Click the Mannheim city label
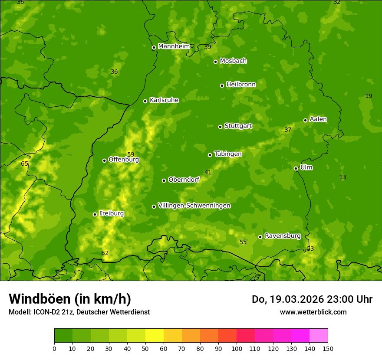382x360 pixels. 174,46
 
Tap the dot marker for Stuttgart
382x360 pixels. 220,127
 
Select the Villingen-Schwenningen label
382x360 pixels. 194,206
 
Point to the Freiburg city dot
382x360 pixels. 95,214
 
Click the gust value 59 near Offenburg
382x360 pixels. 131,154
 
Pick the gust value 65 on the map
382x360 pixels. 25,164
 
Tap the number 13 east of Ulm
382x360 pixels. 342,177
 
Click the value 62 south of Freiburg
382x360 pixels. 105,253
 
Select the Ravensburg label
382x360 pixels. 283,236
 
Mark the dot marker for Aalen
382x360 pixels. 305,120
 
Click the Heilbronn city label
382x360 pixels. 241,85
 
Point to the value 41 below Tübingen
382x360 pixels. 208,172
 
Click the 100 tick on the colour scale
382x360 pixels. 237,348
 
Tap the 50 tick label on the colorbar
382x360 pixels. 145,348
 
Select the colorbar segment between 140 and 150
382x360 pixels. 319,336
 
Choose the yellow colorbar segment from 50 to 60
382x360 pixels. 155,336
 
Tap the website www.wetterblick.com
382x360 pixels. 313,312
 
